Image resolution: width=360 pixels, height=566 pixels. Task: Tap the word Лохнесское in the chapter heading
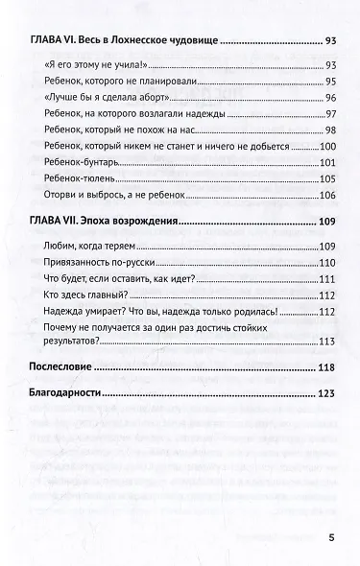point(155,42)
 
